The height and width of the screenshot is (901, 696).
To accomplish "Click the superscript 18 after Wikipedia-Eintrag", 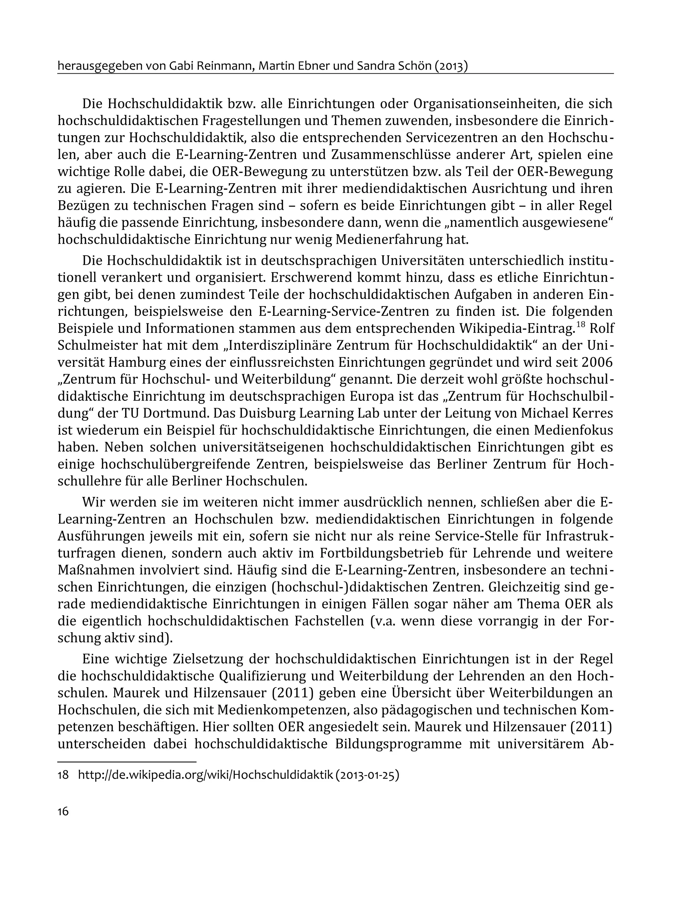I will coord(581,324).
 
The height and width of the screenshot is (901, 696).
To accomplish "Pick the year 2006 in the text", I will coord(597,363).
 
